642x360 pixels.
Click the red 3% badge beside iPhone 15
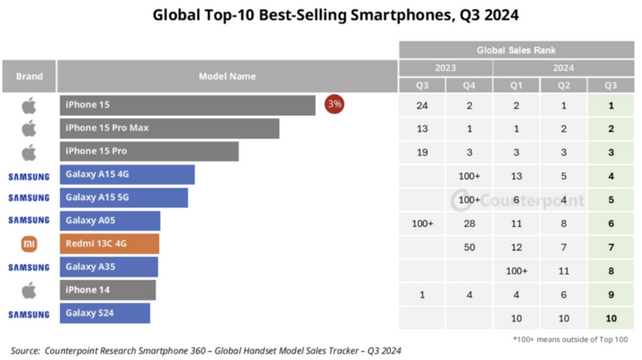tap(334, 105)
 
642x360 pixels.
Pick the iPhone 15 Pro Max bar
tap(169, 128)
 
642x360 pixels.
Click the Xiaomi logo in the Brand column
tap(29, 244)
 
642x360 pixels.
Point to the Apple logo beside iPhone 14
tap(29, 290)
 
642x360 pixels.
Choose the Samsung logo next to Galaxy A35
tap(29, 267)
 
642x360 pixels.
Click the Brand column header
tap(29, 76)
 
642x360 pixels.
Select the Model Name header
tap(227, 76)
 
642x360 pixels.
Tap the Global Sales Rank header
tap(516, 51)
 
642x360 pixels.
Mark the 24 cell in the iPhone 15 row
tap(422, 106)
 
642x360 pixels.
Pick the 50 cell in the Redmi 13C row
tap(469, 247)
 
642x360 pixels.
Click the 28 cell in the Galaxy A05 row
tap(469, 224)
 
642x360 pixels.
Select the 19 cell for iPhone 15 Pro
tap(422, 153)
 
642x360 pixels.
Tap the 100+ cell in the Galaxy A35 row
tap(516, 271)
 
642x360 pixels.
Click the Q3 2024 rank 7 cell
tap(611, 247)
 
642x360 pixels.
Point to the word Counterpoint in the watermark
tap(525, 200)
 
